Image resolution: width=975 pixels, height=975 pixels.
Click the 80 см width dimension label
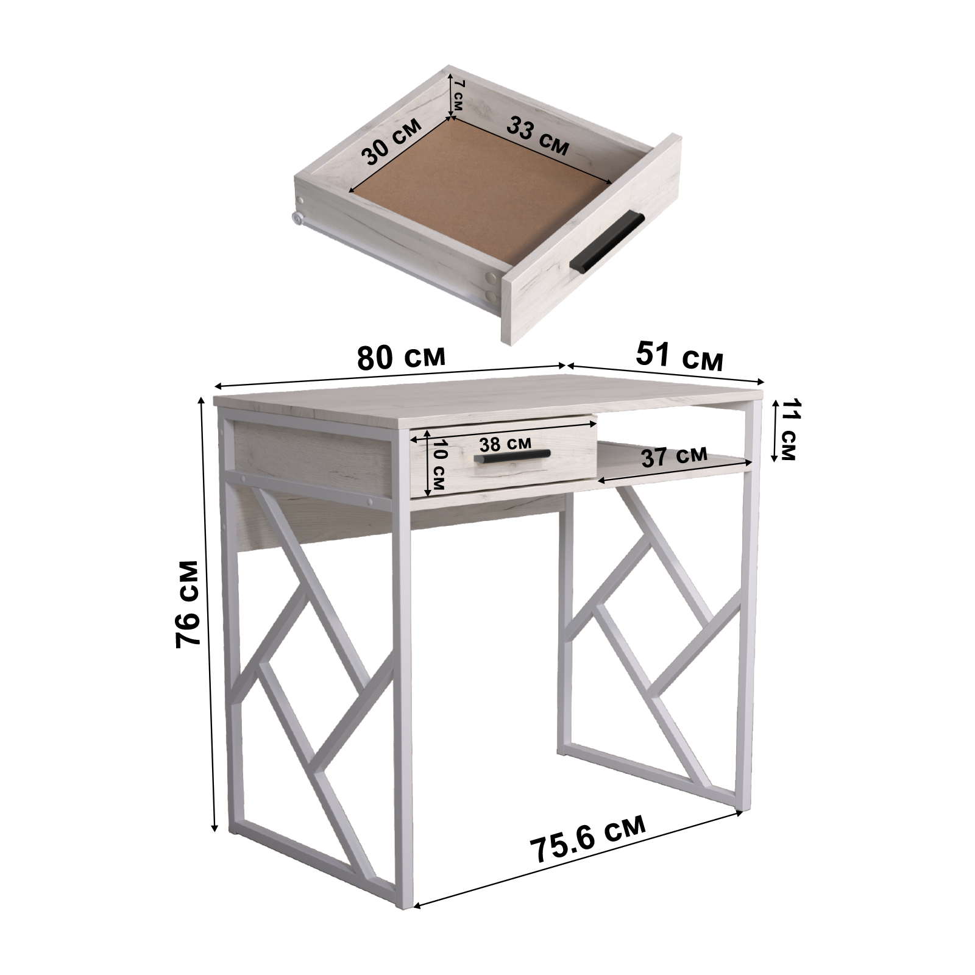pos(401,357)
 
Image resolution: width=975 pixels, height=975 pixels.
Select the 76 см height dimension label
pos(187,604)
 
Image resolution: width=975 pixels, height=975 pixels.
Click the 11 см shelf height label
pos(788,430)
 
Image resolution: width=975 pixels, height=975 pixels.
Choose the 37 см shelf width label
pos(675,456)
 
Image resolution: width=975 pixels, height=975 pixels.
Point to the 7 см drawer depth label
pos(458,95)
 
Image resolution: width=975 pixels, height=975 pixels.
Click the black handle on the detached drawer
pos(606,241)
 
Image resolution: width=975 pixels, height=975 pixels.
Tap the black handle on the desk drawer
pos(512,456)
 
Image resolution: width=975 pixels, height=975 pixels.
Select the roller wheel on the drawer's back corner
pos(298,218)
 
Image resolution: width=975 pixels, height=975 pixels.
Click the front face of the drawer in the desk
pos(503,463)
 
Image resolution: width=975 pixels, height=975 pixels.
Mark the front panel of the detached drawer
pos(591,239)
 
